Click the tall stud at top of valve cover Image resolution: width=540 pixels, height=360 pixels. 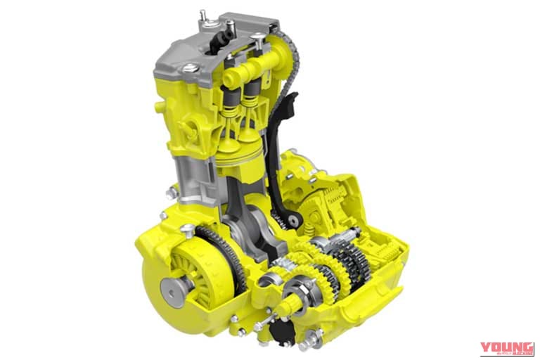pyautogui.click(x=202, y=15)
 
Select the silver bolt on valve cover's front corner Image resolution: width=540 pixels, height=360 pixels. pyautogui.click(x=189, y=68)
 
